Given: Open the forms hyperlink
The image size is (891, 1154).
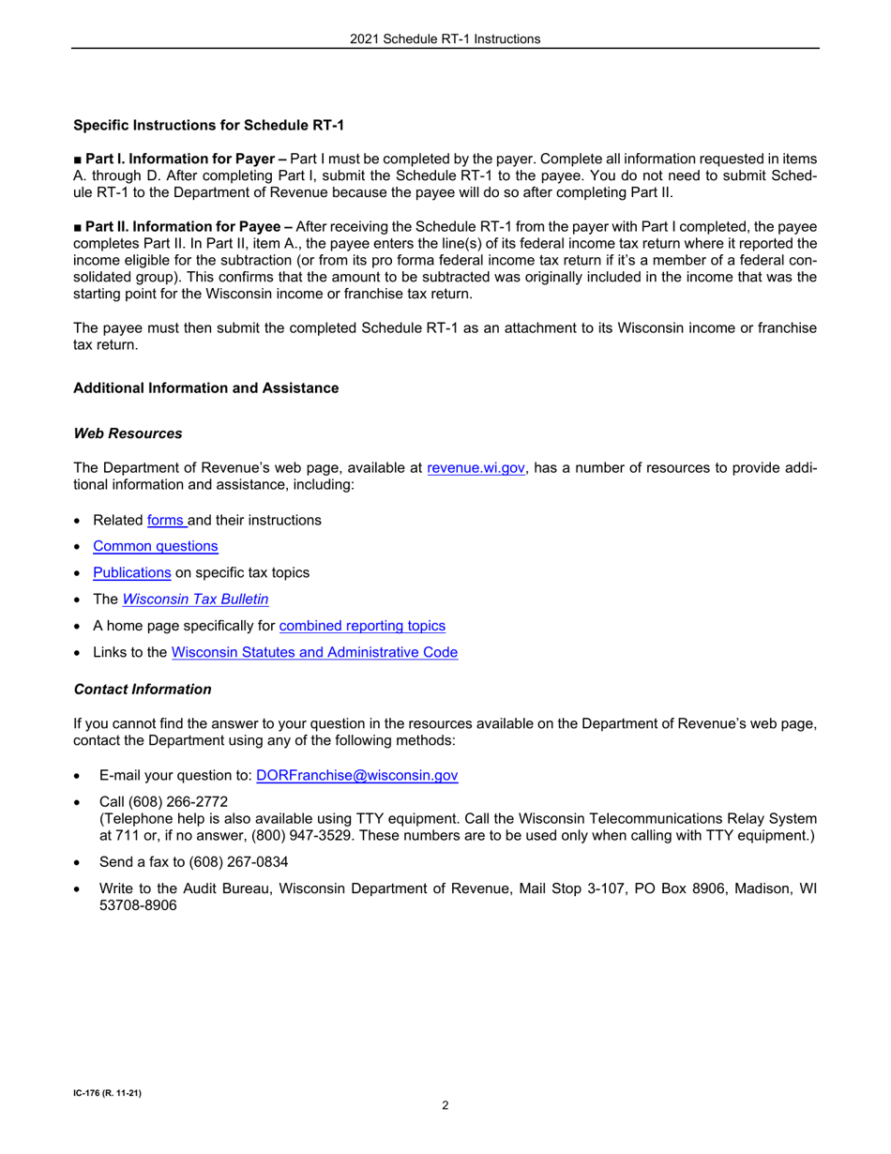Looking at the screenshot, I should pos(166,519).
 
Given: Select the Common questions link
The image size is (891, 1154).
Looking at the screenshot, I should pos(155,545).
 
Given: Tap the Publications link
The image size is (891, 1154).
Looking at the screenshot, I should pos(131,571).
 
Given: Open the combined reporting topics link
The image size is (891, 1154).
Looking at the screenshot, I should pos(362,625).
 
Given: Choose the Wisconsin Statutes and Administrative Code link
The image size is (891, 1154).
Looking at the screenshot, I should pos(315,651).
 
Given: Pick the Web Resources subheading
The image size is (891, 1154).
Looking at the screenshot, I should pos(128,433).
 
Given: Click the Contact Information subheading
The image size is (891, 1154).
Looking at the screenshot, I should pos(143,689).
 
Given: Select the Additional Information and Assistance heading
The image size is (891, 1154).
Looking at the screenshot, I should pos(205,387).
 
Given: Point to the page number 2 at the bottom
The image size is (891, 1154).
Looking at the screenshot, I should pos(445,1104).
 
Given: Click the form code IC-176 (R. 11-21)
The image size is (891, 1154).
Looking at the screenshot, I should pos(108,1093).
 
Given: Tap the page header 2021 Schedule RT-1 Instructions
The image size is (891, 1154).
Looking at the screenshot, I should pos(445,38).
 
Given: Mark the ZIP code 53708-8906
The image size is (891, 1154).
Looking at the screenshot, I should pos(138,905).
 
